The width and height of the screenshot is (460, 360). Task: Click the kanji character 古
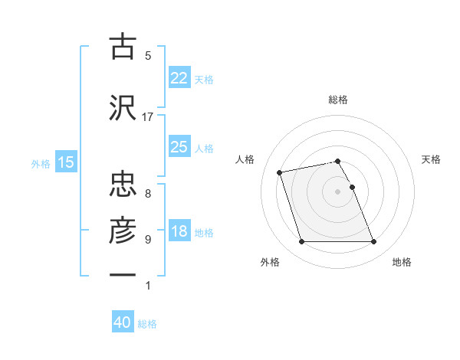(x=123, y=47)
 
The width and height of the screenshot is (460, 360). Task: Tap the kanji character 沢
(x=123, y=107)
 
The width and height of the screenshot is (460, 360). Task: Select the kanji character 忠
(x=123, y=183)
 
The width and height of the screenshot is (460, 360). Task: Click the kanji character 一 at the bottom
(x=123, y=274)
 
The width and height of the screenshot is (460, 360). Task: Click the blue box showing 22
(x=179, y=78)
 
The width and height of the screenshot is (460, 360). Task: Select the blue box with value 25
(x=179, y=147)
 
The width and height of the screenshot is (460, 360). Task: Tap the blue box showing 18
(x=179, y=231)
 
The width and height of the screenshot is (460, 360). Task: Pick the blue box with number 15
(x=65, y=162)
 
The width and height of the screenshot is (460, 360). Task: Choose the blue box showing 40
(x=123, y=323)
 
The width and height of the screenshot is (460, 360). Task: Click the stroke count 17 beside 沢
(x=148, y=117)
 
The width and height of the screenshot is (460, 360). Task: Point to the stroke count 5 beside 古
(x=148, y=55)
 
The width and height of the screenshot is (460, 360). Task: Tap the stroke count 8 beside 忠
(x=148, y=193)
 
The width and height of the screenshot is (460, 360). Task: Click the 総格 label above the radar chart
(x=338, y=100)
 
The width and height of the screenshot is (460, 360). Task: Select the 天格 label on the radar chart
(x=432, y=159)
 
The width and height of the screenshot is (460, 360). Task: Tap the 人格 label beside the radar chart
(x=246, y=159)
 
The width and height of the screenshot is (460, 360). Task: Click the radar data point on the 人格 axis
(x=280, y=172)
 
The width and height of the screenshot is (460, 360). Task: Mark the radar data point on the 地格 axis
(x=373, y=242)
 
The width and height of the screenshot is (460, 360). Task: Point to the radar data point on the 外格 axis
(x=301, y=242)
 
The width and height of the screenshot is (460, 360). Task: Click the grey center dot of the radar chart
(x=338, y=191)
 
